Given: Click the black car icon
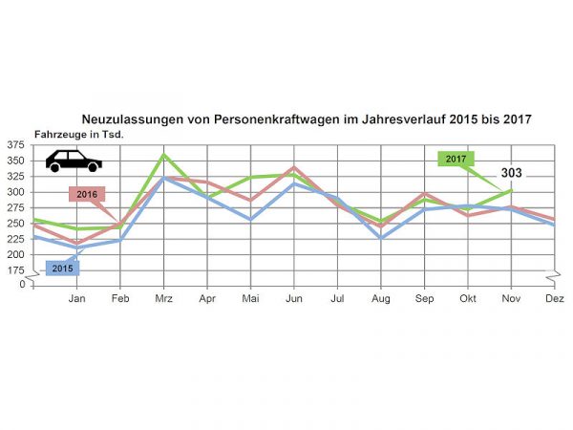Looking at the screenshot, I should tap(74, 161).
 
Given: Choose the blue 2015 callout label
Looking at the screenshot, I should tap(62, 268).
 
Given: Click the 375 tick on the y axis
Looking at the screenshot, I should tap(15, 145).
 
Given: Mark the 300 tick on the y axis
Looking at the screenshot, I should tap(15, 192).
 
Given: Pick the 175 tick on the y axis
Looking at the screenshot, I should tap(15, 271).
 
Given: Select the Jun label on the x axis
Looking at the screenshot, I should tap(294, 298).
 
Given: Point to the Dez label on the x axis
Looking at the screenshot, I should tap(554, 298).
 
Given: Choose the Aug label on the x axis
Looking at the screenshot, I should tap(381, 298).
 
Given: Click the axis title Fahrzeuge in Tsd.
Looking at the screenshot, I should tap(79, 135).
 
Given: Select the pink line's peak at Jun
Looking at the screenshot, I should tap(294, 167).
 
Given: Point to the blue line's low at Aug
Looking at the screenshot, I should tap(381, 237).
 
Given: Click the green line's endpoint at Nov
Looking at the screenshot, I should tap(511, 190).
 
